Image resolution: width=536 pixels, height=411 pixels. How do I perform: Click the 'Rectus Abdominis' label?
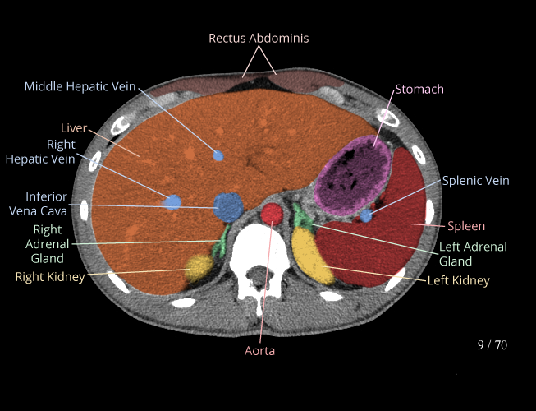(x=259, y=38)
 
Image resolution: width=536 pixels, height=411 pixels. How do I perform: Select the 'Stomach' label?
(x=419, y=89)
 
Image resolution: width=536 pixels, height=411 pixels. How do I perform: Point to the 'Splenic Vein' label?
(x=475, y=181)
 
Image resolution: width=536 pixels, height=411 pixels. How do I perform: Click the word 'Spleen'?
(x=465, y=225)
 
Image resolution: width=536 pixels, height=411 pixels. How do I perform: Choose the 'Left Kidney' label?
(x=458, y=280)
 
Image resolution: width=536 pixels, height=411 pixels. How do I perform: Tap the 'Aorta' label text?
(x=259, y=350)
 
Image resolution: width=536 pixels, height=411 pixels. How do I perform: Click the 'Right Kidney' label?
(x=49, y=277)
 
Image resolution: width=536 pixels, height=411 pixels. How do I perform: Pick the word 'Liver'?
(x=74, y=128)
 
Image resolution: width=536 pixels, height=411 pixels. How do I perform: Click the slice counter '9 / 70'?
(x=492, y=344)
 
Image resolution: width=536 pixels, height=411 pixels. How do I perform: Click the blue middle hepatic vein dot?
(x=218, y=155)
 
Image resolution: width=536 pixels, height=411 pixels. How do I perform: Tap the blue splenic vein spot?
(x=366, y=215)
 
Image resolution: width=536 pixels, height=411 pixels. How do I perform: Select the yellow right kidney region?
(x=199, y=266)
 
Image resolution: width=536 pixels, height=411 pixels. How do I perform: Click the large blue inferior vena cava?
(x=227, y=205)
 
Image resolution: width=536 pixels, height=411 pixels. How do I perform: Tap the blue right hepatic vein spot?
(x=172, y=202)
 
